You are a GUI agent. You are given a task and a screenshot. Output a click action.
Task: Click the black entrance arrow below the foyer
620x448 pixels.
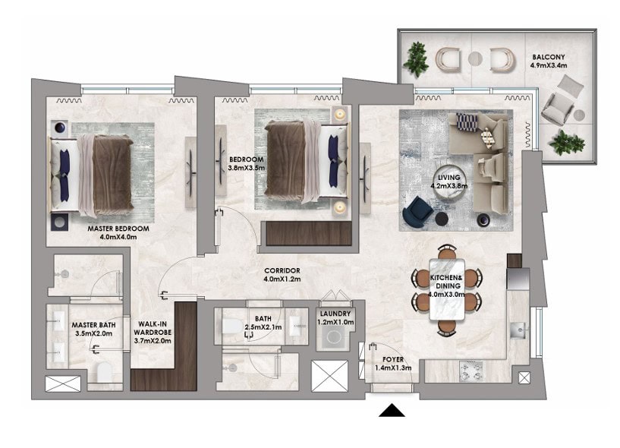[x=392, y=411]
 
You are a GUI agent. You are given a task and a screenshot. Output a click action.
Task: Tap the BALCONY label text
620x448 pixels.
[x=549, y=57]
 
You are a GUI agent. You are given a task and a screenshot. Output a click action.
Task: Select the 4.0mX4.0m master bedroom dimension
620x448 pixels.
[x=118, y=237]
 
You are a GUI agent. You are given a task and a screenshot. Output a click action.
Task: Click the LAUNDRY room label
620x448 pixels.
[x=335, y=314]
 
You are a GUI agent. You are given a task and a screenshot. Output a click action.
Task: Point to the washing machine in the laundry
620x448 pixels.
[x=333, y=338]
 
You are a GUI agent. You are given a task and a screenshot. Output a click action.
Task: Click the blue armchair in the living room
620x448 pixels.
[x=417, y=211]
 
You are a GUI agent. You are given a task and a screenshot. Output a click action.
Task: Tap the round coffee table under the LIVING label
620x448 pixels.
[x=448, y=185]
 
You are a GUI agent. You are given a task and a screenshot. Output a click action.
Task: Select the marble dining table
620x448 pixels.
[x=447, y=289]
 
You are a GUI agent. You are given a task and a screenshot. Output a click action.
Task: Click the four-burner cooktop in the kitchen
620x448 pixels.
[x=471, y=371]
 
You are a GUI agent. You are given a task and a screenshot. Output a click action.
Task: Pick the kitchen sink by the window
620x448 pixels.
[x=518, y=330]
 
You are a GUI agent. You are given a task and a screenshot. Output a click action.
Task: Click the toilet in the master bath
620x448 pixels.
[x=105, y=372]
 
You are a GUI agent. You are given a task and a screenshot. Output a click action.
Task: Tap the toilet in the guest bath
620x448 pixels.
[x=232, y=327]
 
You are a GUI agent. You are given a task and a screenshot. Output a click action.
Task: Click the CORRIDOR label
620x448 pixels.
[x=282, y=271]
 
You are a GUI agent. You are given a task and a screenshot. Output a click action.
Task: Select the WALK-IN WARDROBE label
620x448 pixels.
[x=153, y=328]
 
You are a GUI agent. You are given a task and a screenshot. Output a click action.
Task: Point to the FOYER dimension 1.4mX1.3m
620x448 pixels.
[x=393, y=368]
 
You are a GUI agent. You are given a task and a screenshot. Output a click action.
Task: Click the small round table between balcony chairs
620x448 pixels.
[x=475, y=58]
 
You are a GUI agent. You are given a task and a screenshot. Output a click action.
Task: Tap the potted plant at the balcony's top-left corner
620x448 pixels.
[x=416, y=59]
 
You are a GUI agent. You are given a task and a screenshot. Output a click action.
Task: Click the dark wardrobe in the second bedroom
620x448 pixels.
[x=309, y=234]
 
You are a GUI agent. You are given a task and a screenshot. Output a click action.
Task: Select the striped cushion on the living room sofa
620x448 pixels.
[x=467, y=122]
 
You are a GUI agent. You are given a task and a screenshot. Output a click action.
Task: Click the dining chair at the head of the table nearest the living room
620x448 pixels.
[x=447, y=251]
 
